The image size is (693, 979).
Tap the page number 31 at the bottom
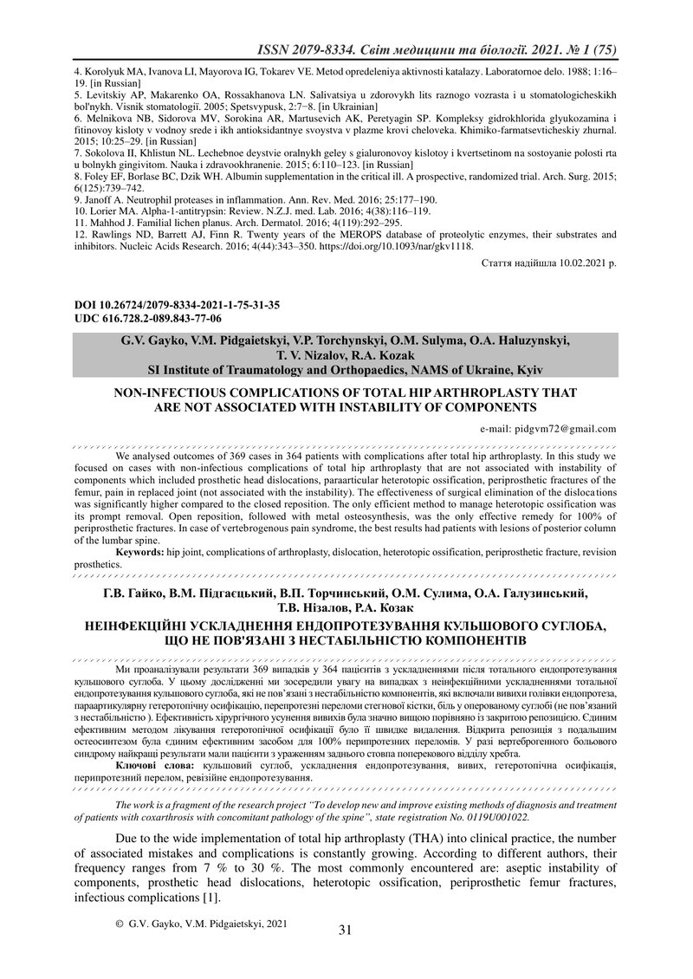[x=345, y=930]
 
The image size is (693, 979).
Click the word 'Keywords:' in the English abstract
[x=139, y=552]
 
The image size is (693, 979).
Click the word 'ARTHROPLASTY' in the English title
[x=449, y=392]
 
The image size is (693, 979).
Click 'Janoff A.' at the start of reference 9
[x=102, y=198]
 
